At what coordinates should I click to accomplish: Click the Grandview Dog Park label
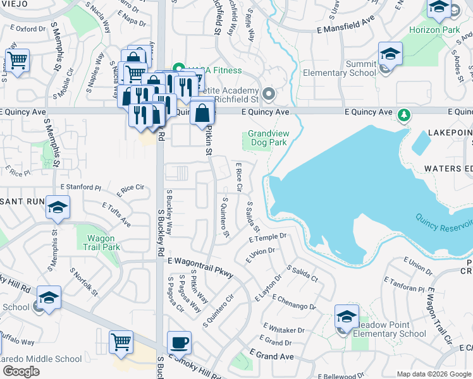[x=267, y=138]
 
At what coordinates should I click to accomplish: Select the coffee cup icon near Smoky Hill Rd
[x=179, y=342]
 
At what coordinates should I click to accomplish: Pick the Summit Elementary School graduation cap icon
[x=391, y=54]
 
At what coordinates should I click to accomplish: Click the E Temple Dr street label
[x=268, y=238]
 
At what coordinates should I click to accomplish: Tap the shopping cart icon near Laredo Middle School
[x=121, y=342]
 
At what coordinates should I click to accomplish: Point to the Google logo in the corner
[x=21, y=371]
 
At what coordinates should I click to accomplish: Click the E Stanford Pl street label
[x=80, y=188]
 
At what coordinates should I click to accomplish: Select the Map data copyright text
[x=433, y=374]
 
